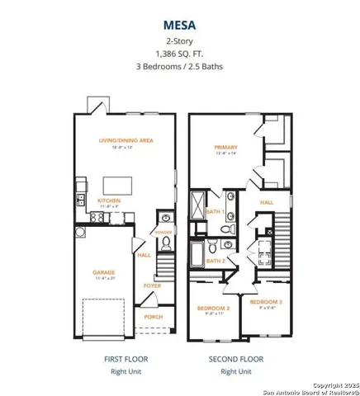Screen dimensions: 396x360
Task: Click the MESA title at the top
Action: [x=180, y=24]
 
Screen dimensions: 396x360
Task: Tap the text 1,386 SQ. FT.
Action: [x=180, y=54]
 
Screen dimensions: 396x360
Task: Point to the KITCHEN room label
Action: [x=111, y=200]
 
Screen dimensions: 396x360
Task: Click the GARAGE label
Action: [x=103, y=272]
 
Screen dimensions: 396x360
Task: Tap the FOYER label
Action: [x=152, y=285]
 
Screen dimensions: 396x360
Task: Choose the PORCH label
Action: [x=153, y=316]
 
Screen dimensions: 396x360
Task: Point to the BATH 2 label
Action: [x=215, y=261]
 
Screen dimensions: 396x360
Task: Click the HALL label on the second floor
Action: [x=267, y=200]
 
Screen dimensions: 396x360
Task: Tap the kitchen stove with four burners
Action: [x=97, y=216]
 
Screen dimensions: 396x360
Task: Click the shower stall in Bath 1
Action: [x=200, y=203]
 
